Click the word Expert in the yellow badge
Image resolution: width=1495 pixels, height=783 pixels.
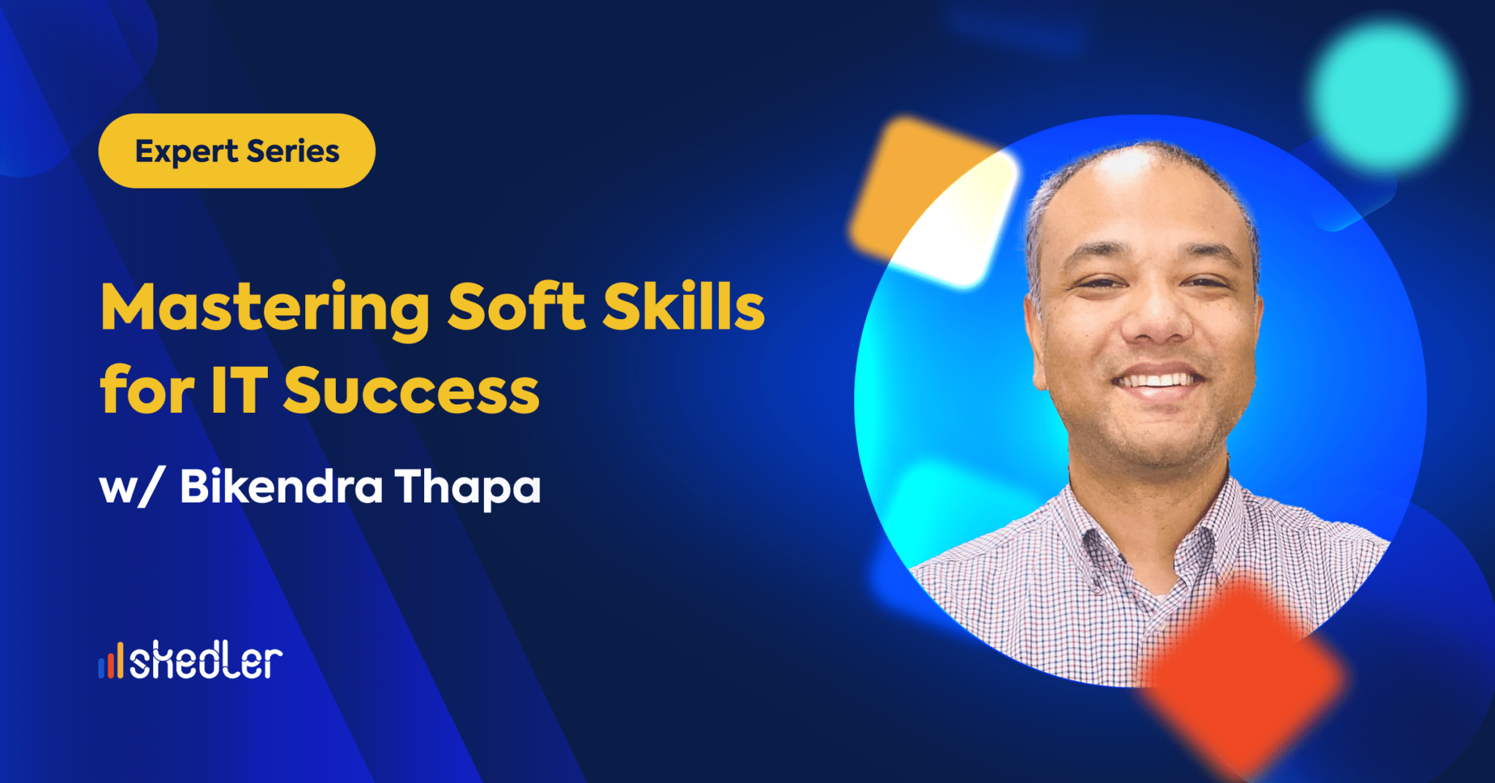coord(186,152)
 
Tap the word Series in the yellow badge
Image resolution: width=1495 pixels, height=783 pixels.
coord(293,151)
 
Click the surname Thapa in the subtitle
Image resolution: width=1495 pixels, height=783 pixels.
coord(468,487)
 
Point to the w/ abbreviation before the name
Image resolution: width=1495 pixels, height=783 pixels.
coord(128,487)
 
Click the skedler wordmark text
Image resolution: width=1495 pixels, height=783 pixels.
coord(206,660)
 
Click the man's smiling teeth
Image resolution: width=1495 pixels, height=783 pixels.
coord(1158,381)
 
